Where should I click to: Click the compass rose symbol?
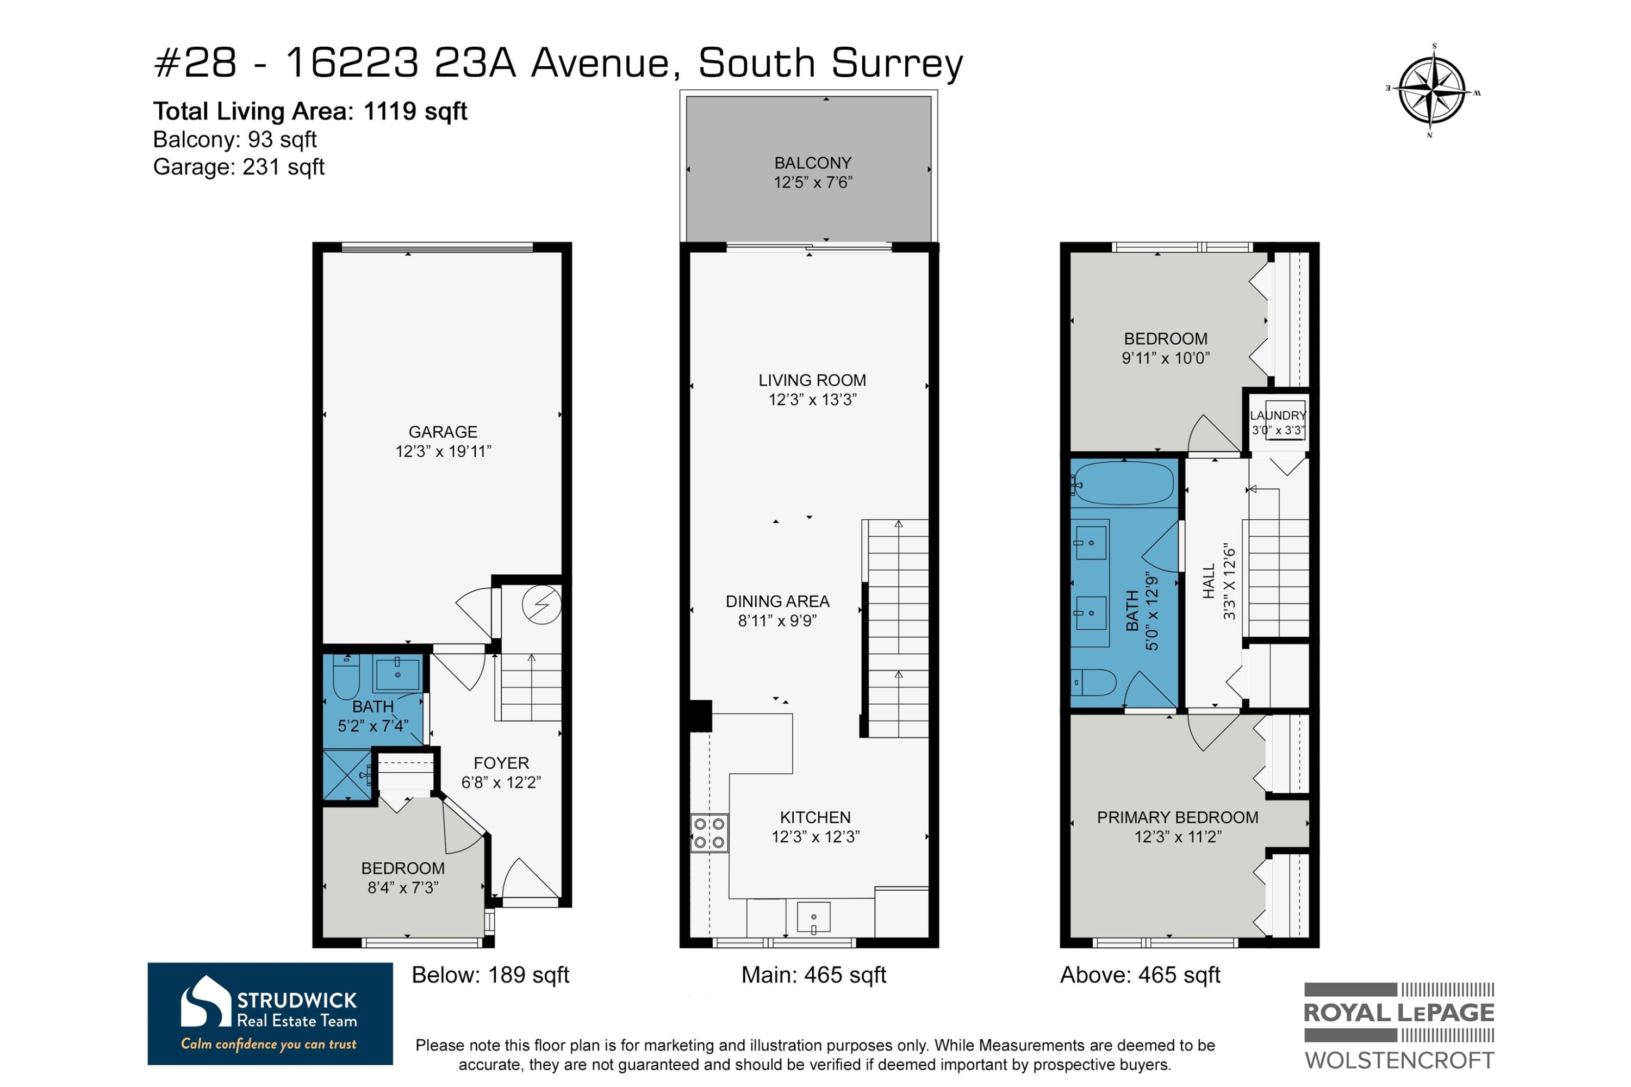[1432, 90]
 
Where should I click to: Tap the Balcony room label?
[812, 163]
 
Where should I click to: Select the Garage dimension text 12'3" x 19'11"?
[443, 451]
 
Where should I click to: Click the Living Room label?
[812, 380]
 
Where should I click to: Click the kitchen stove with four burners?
[709, 833]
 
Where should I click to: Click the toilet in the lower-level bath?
[346, 678]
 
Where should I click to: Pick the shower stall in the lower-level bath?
[348, 774]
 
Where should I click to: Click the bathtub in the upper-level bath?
[1123, 483]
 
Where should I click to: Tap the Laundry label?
[1278, 415]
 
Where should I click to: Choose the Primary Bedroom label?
[1177, 817]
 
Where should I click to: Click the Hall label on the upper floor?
[1208, 581]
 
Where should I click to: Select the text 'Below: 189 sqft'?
[490, 974]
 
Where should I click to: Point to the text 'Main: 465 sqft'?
[813, 974]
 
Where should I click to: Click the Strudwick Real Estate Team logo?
[270, 1014]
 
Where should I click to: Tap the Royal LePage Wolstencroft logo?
[1399, 1026]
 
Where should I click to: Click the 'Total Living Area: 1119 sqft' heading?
[310, 111]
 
